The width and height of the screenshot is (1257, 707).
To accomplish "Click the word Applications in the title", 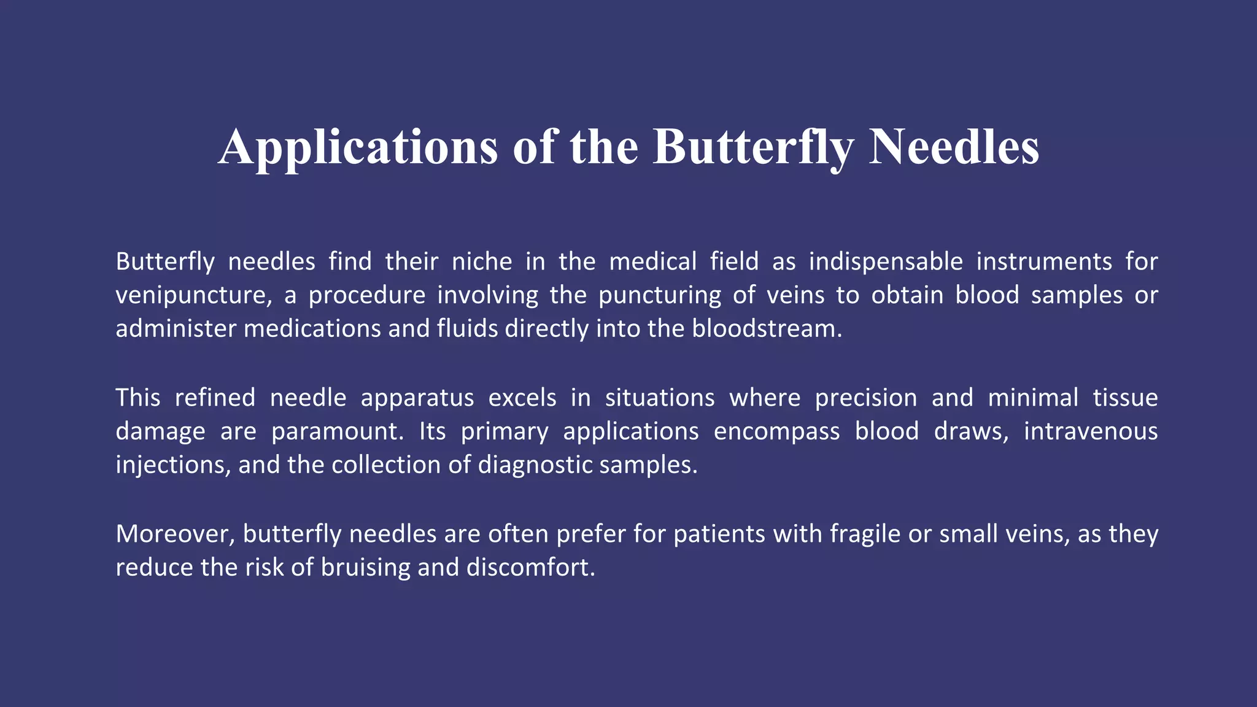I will coord(357,147).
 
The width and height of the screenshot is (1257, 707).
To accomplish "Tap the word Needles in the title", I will coord(954,147).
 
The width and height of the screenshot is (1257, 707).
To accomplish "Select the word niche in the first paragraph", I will coord(482,262).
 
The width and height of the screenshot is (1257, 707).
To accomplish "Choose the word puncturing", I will coord(660,296).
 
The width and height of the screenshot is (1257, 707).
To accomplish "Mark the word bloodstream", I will coord(767,329).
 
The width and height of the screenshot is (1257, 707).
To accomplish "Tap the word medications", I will coord(312,329).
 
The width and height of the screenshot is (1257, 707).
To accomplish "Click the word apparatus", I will coord(417,398).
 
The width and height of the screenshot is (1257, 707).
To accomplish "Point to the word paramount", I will coord(338,431).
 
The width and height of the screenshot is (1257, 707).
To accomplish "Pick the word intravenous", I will coord(1090,431).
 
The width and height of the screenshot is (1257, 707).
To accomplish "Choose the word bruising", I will coord(365,568).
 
